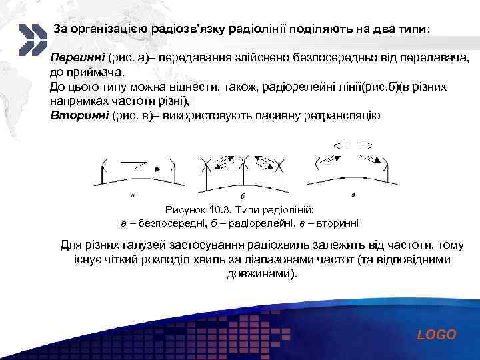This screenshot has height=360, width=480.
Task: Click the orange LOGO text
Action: [x=437, y=335]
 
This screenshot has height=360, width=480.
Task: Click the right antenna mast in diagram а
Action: [x=173, y=172]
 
